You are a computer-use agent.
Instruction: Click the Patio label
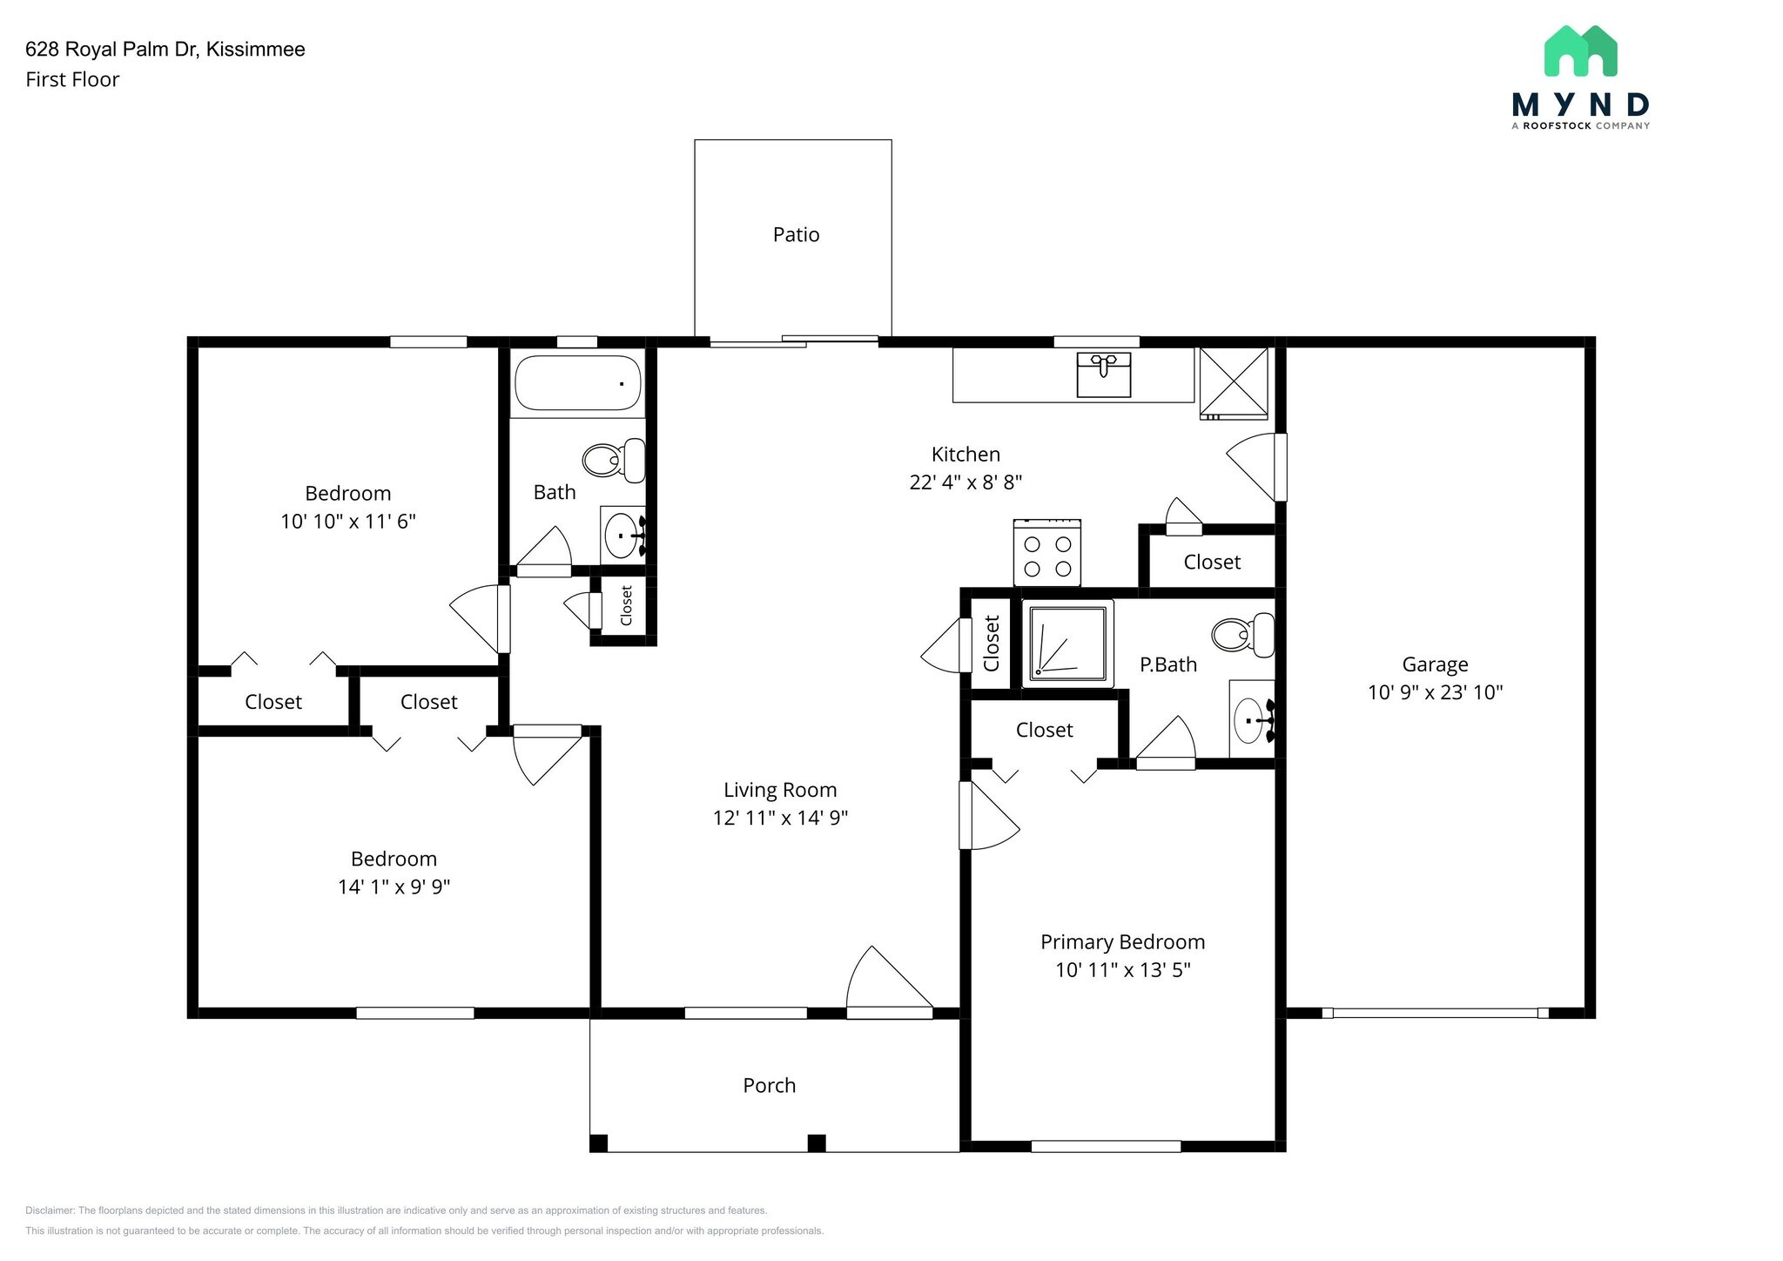click(x=796, y=234)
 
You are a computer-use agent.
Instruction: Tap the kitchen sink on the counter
click(x=1103, y=374)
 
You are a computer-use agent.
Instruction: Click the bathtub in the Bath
click(x=578, y=383)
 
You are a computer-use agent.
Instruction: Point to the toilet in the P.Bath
click(x=1243, y=635)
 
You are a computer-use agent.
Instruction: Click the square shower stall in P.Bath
click(x=1067, y=643)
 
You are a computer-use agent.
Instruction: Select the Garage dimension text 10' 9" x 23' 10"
click(x=1435, y=692)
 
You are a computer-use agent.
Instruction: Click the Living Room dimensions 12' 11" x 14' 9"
click(x=780, y=818)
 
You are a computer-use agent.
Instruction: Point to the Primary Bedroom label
click(x=1122, y=941)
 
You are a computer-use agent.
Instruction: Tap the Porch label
click(x=769, y=1085)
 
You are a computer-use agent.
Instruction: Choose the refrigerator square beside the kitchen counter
click(x=1234, y=381)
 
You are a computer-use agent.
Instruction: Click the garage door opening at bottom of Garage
click(x=1435, y=1013)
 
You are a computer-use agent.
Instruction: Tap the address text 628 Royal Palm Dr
click(x=165, y=50)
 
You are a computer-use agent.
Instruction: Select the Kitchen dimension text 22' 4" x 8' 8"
click(x=966, y=482)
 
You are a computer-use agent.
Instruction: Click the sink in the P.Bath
click(x=1251, y=720)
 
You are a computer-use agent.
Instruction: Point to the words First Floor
click(x=72, y=79)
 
